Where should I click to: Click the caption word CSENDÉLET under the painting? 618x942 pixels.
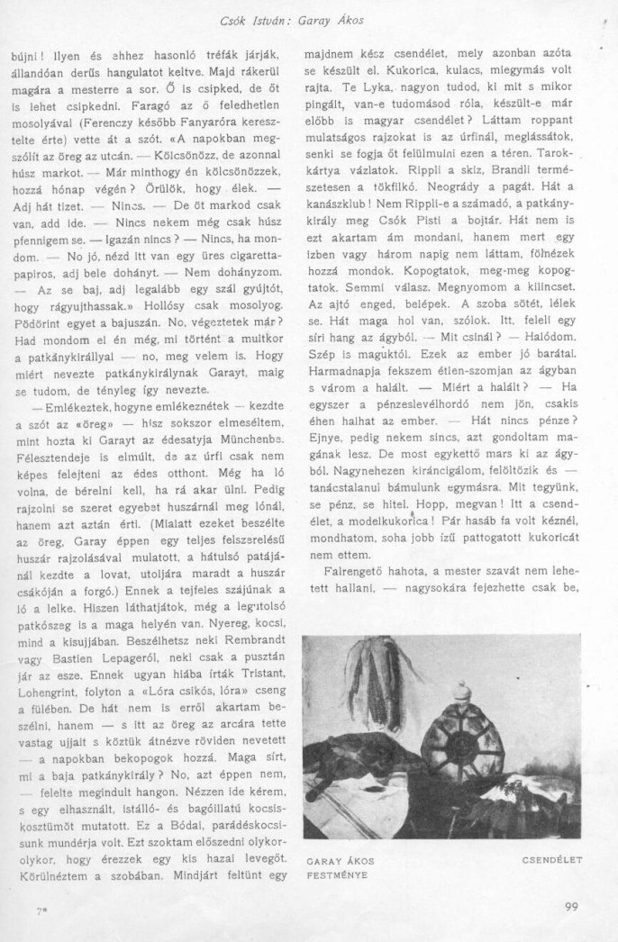pos(552,860)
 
